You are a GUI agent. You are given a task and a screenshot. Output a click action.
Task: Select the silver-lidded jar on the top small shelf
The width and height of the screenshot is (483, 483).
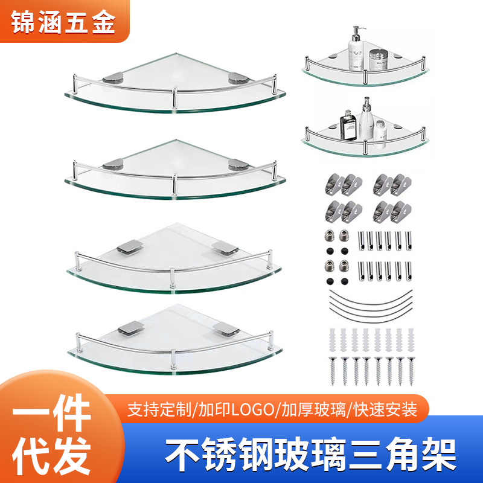point(378,58)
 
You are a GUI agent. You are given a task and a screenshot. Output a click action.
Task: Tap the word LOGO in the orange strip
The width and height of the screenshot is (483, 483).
point(255,410)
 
